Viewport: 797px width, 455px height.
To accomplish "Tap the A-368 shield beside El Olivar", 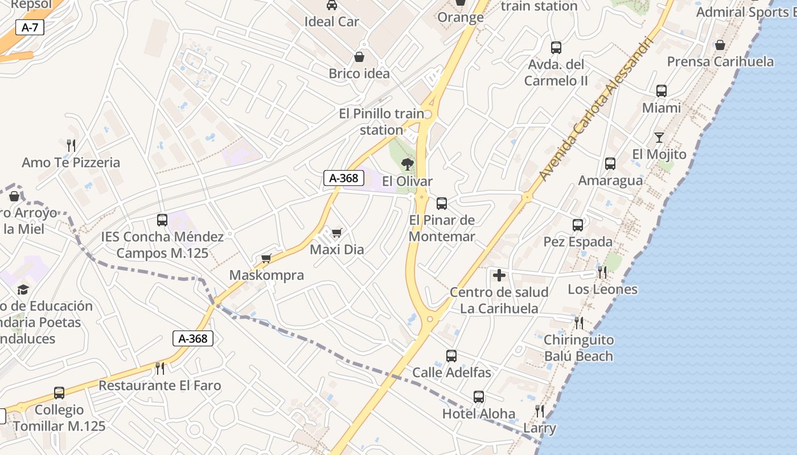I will pos(344,178).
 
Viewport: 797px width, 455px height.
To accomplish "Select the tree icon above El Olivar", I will pos(407,165).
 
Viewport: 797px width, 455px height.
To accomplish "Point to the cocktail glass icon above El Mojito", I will pos(659,138).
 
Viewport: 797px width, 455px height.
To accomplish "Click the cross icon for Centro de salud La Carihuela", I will pos(499,276).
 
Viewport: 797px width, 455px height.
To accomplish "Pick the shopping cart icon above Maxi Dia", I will pos(336,233).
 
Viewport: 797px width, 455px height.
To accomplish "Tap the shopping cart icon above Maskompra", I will pos(266,259).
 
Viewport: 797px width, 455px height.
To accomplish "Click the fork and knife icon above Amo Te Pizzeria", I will pos(71,146).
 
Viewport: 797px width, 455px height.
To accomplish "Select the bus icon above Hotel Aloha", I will pos(479,397).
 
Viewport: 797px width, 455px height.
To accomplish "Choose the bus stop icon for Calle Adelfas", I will pos(451,356).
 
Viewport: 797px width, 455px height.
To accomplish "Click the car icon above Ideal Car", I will pos(331,6).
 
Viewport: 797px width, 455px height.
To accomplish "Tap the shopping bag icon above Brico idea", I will pos(359,57).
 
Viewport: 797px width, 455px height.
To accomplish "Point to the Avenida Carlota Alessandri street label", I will pos(594,110).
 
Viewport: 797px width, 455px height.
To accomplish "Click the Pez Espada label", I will pos(578,242).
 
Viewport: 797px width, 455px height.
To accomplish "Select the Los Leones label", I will pos(602,289).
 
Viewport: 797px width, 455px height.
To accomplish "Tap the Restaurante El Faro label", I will pos(159,385).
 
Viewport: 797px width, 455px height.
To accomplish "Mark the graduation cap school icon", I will pos(23,290).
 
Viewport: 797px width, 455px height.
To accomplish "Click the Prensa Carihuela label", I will pos(720,61).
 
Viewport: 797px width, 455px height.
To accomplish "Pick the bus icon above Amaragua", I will pos(610,164).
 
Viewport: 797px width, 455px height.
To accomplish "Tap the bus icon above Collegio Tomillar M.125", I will pos(59,393).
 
